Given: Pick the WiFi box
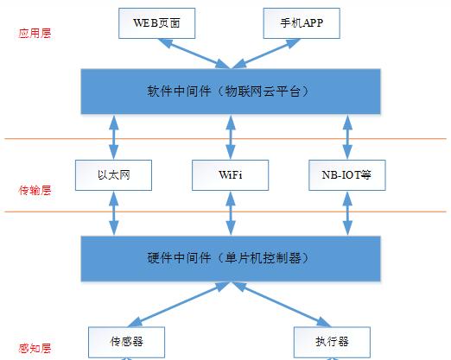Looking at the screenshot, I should click(230, 174).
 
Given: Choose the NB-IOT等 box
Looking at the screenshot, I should click(346, 174).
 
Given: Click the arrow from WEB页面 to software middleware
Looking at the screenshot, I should click(191, 54).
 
